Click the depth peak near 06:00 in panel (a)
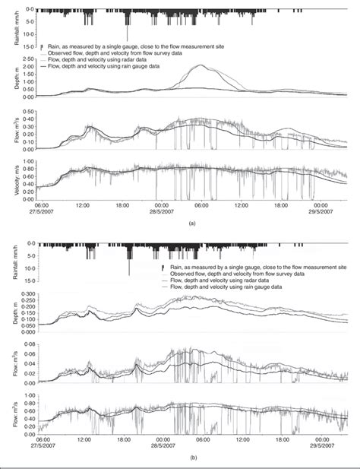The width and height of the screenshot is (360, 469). (201, 65)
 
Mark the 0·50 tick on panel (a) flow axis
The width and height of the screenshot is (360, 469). (30, 112)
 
